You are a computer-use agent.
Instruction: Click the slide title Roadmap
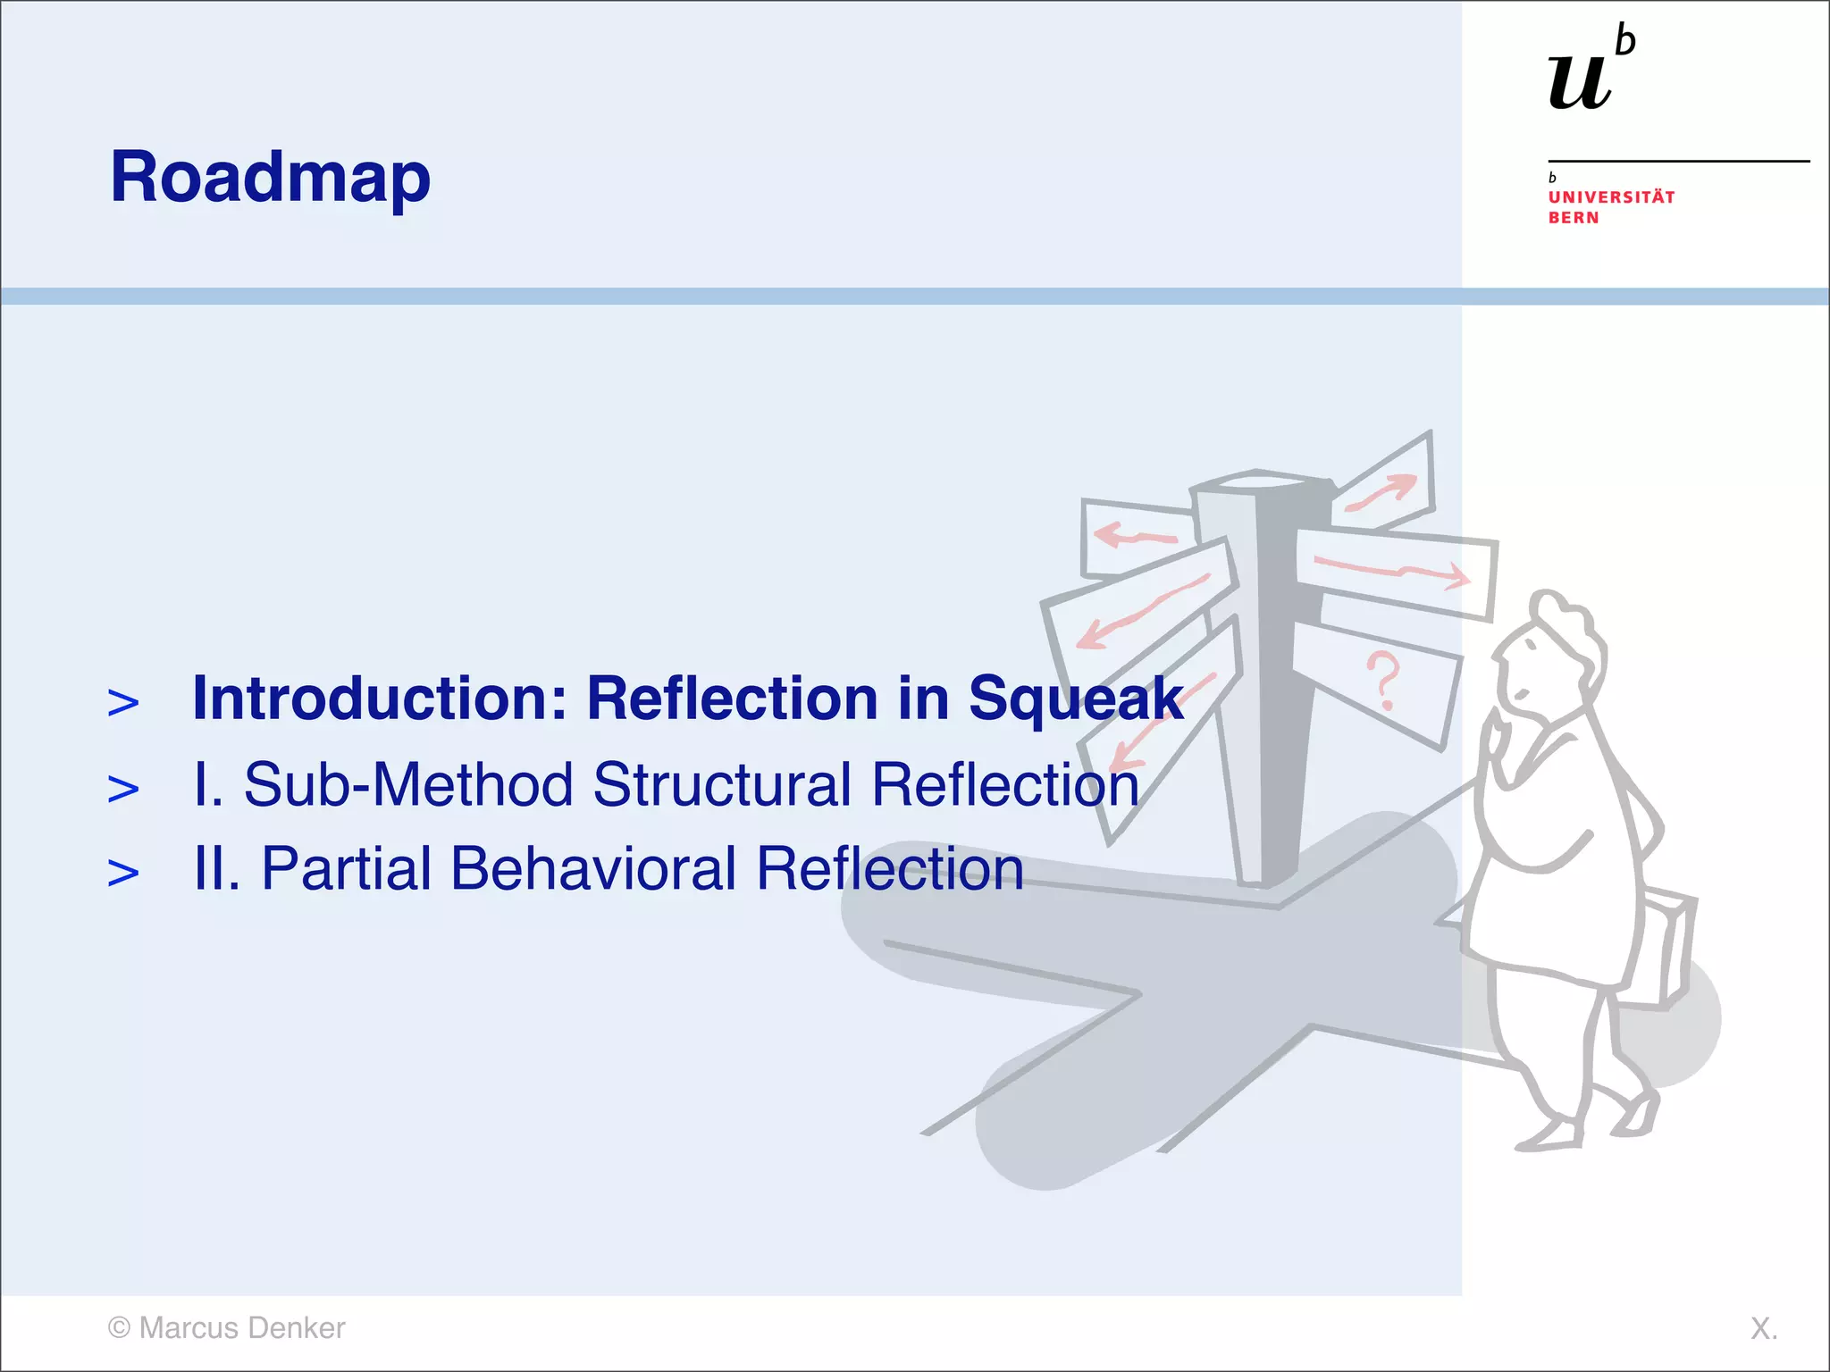pos(270,178)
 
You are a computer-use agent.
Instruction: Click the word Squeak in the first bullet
pos(1075,698)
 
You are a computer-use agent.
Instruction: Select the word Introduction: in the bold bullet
pos(380,698)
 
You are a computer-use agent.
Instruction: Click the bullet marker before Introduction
pos(123,703)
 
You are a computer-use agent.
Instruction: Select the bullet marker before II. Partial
pos(123,873)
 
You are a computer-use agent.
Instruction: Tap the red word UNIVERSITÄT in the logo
pos(1611,197)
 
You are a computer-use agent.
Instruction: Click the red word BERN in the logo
pos(1574,218)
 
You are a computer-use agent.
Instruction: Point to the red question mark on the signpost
pos(1383,680)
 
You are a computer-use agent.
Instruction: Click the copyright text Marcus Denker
pos(226,1328)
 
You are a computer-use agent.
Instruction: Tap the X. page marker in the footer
pos(1763,1328)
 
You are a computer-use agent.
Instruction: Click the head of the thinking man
pos(1550,652)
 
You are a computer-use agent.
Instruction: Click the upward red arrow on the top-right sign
pos(1383,492)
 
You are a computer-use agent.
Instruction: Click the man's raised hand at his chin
pos(1501,741)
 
